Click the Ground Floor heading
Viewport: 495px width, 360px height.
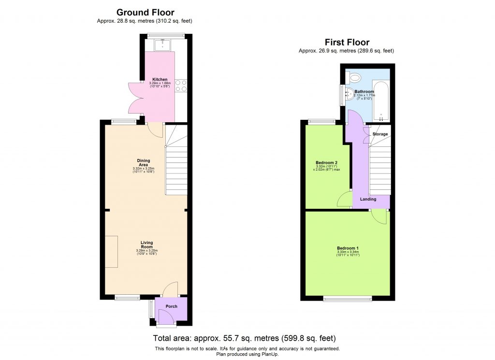click(x=145, y=13)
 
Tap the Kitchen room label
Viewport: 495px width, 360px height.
click(x=160, y=79)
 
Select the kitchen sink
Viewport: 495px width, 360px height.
click(x=162, y=46)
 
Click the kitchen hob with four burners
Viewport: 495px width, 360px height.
click(x=181, y=86)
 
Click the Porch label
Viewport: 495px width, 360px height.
click(x=172, y=306)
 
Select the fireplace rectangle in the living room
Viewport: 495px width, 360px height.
click(x=112, y=251)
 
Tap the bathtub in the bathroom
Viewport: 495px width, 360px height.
click(x=381, y=101)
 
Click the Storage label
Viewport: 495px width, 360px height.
click(x=380, y=134)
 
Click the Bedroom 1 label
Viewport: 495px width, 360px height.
click(x=348, y=248)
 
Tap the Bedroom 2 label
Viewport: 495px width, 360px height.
click(x=326, y=163)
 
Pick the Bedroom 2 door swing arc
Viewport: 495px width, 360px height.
click(x=345, y=199)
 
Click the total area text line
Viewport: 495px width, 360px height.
click(x=244, y=338)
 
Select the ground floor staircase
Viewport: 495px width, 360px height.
click(x=176, y=169)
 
